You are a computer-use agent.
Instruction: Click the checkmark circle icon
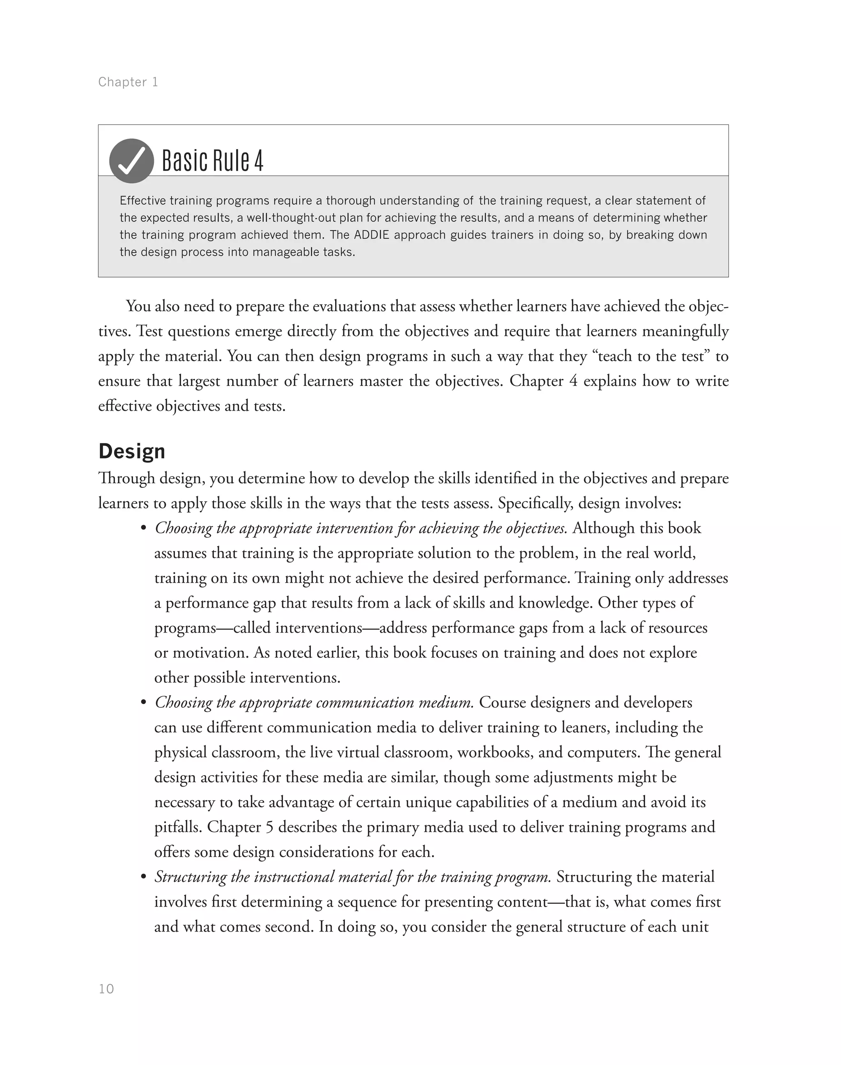(131, 161)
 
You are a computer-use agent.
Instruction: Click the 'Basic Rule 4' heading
(212, 161)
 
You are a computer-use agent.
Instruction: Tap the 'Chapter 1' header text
(128, 82)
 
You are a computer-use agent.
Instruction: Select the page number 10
(106, 989)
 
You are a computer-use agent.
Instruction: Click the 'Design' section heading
(131, 451)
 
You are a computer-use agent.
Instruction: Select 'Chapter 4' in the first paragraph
(543, 381)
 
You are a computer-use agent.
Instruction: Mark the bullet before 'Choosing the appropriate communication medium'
(143, 702)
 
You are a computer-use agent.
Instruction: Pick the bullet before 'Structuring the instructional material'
(143, 877)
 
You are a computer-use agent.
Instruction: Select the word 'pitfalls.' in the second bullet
(178, 827)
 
